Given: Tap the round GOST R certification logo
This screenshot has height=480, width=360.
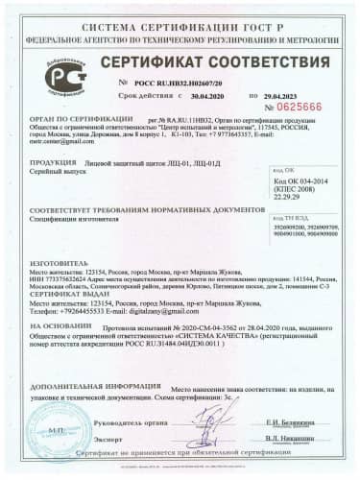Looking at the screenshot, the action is point(66,74).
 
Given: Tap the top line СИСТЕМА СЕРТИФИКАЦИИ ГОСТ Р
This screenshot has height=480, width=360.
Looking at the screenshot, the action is point(180,9).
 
